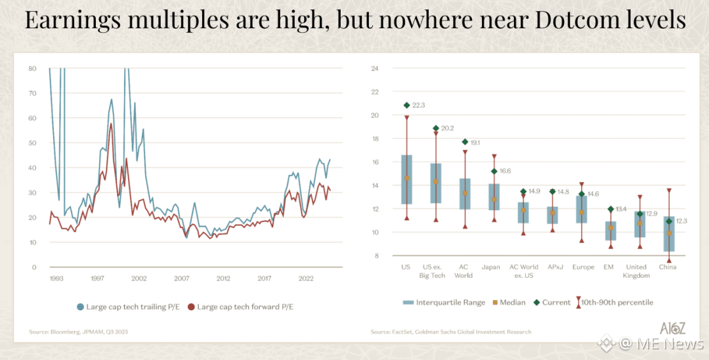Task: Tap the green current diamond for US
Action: click(x=406, y=105)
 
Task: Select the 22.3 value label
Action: click(x=419, y=105)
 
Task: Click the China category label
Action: click(x=668, y=267)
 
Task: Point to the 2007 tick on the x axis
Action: click(x=182, y=279)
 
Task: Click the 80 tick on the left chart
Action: click(x=32, y=68)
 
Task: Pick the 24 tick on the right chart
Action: click(x=375, y=68)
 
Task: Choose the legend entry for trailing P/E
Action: click(x=130, y=307)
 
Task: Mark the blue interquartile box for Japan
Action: click(x=494, y=196)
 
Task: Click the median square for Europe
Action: click(x=581, y=213)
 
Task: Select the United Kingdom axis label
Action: click(x=637, y=271)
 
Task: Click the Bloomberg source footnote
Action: click(x=78, y=332)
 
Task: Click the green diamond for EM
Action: click(x=611, y=209)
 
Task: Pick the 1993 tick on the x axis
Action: click(x=56, y=279)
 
